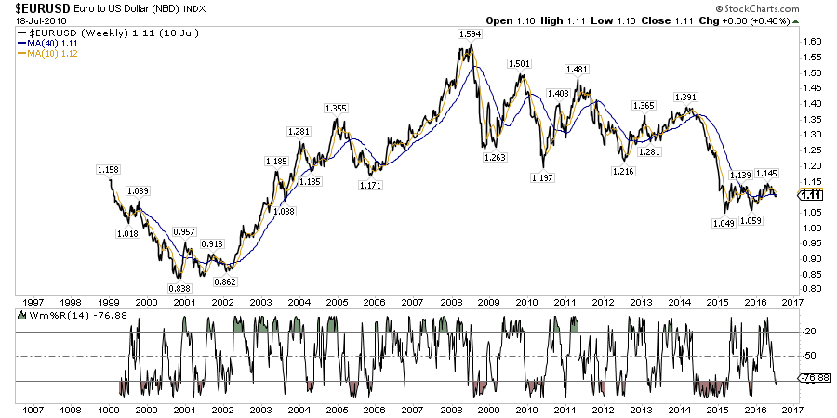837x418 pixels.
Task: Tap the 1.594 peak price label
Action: tap(471, 34)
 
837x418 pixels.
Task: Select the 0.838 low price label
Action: tap(180, 288)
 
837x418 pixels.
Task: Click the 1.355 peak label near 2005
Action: tap(336, 109)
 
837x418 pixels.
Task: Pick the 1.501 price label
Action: tap(519, 63)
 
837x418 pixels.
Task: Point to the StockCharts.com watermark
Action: tap(788, 7)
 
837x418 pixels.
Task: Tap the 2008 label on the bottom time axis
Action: tap(451, 408)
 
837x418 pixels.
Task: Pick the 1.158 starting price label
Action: tap(110, 170)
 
